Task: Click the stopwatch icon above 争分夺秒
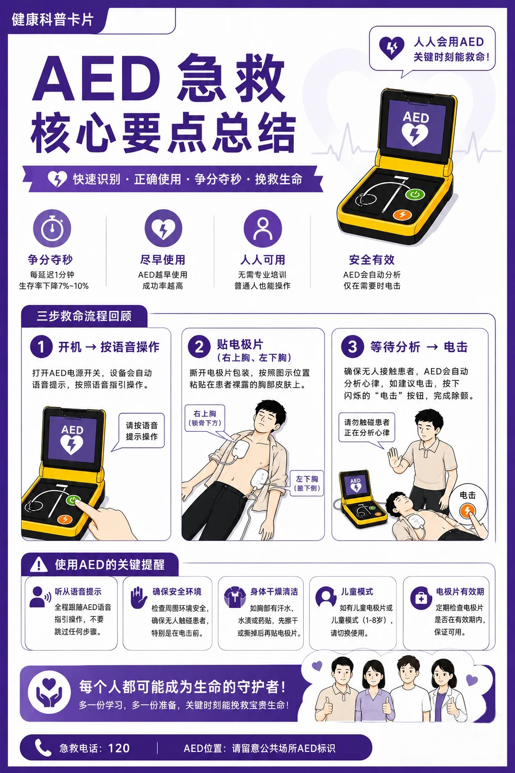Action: [52, 228]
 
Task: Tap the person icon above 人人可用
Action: [263, 228]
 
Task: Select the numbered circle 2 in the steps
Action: [199, 346]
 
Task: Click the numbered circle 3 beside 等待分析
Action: [352, 346]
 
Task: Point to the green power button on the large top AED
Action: [415, 195]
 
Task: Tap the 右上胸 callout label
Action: [205, 418]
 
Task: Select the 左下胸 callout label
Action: [307, 483]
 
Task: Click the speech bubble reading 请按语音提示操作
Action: [141, 431]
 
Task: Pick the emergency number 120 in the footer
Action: [119, 748]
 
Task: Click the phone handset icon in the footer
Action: [43, 748]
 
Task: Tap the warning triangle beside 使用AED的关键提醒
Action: [39, 565]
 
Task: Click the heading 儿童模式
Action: [357, 591]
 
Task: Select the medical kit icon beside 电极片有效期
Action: [421, 599]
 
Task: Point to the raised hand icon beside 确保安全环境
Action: [139, 597]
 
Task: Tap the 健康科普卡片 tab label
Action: [52, 20]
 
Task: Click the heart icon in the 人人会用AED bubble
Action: [391, 48]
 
